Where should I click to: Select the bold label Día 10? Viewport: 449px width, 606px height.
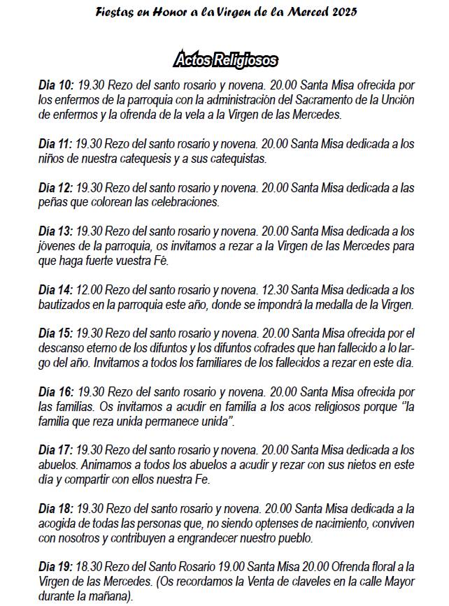click(56, 85)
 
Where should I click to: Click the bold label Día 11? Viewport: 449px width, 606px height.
click(56, 144)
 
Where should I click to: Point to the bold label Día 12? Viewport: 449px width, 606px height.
click(56, 189)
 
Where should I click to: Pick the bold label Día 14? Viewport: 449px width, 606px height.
click(56, 290)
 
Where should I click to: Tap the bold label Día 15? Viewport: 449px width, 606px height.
click(56, 334)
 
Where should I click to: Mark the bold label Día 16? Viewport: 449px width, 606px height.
click(56, 393)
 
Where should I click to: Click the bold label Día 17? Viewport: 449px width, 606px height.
click(56, 451)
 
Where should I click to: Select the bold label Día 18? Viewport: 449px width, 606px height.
click(56, 510)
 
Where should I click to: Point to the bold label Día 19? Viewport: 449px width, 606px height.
click(56, 568)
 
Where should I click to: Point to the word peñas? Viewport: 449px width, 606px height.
click(54, 203)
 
